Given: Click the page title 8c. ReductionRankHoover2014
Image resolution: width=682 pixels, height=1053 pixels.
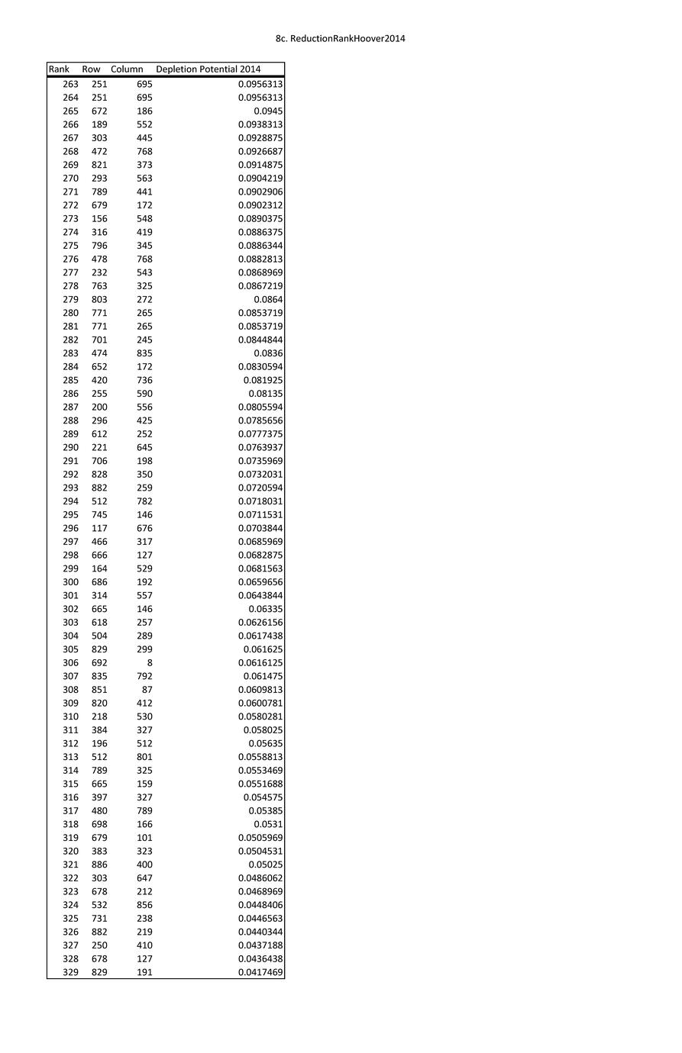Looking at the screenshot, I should click(x=340, y=38).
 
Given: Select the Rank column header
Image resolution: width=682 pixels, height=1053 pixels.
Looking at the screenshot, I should click(x=59, y=69).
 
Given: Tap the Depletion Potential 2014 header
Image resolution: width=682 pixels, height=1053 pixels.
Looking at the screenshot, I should click(x=208, y=69).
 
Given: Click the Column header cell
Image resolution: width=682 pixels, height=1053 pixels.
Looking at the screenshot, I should click(x=127, y=69).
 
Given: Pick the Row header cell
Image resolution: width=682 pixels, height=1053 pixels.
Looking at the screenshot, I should click(x=91, y=69).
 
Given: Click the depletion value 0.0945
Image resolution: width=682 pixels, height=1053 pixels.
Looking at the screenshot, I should click(x=268, y=111).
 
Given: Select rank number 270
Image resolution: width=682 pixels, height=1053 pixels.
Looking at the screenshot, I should click(x=70, y=179).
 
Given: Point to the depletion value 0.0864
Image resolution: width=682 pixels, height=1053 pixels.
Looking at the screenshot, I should click(x=268, y=300).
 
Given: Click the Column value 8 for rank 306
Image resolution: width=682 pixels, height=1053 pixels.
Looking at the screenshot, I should click(x=150, y=663).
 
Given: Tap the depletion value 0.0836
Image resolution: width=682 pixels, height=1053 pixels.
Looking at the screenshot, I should click(x=268, y=353).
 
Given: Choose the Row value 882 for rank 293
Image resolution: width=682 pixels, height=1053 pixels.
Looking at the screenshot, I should click(x=99, y=488).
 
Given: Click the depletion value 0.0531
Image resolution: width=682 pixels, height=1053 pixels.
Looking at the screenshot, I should click(x=268, y=824).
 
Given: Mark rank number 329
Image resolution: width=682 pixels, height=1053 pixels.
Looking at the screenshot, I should click(x=70, y=972).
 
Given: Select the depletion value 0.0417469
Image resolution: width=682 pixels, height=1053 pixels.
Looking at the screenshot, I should click(x=260, y=972).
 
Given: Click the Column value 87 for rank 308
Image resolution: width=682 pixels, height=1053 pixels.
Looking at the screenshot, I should click(x=147, y=690).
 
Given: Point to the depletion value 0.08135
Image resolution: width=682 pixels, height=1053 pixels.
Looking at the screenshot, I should click(x=266, y=394).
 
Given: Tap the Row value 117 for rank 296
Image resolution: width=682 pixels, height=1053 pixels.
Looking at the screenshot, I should click(x=99, y=528).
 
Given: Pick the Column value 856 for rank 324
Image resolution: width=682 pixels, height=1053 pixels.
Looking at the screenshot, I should click(x=144, y=905).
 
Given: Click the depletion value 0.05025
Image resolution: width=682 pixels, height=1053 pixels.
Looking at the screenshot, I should click(x=266, y=865).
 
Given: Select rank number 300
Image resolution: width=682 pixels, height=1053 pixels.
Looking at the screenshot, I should click(x=70, y=582).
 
